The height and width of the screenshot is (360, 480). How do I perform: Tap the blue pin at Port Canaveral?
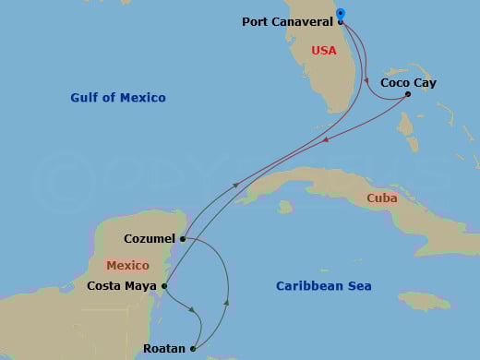(341, 14)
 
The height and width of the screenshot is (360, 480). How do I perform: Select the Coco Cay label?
(408, 83)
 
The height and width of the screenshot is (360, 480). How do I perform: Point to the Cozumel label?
(148, 238)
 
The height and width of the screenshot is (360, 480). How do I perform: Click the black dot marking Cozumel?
(183, 239)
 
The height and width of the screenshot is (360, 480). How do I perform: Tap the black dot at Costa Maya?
(164, 286)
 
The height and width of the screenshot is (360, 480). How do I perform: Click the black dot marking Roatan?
(193, 349)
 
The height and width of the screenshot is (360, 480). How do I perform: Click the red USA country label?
(324, 51)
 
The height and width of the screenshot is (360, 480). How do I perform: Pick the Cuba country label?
(381, 198)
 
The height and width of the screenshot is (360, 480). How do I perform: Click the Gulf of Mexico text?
(117, 97)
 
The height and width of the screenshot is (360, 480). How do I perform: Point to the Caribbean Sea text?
(323, 286)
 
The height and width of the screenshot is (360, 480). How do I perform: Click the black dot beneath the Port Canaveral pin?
(341, 21)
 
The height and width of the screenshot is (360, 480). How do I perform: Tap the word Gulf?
(85, 97)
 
